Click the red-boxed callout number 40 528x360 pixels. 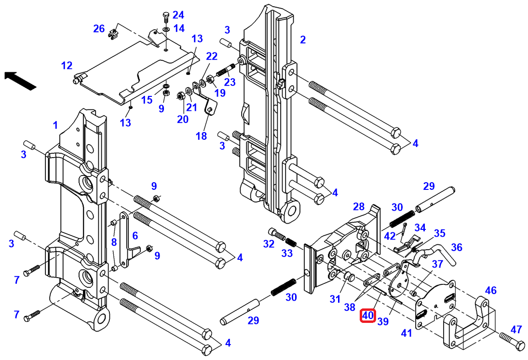coord(368,316)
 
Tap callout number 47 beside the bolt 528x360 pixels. coord(516,330)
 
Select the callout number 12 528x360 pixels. coord(67,65)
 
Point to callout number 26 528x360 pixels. coord(99,29)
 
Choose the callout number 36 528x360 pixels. coord(457,247)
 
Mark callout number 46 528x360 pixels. coord(490,290)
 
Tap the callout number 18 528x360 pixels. coord(201,136)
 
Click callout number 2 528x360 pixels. coord(303,40)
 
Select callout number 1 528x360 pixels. coord(55,125)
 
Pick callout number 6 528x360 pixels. coord(135,235)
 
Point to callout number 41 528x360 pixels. coord(407,333)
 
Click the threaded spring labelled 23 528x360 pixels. coord(224,71)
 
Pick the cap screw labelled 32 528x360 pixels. coord(275,234)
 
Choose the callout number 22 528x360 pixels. coord(212,56)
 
